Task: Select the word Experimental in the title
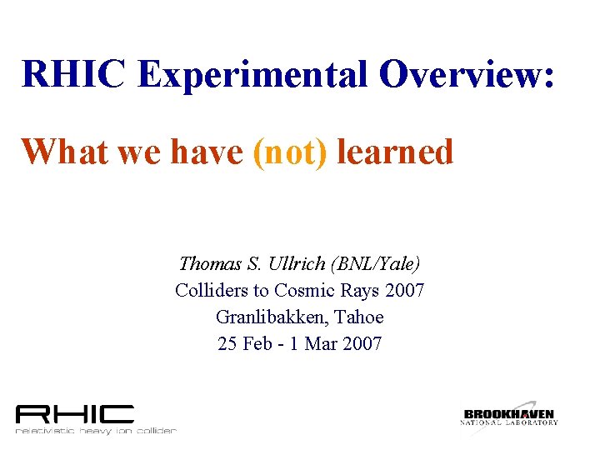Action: pyautogui.click(x=252, y=74)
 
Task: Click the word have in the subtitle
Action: pyautogui.click(x=208, y=152)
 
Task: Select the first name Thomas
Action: pyautogui.click(x=210, y=264)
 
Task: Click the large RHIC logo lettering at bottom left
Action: pyautogui.click(x=75, y=413)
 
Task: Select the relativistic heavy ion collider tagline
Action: pyautogui.click(x=96, y=431)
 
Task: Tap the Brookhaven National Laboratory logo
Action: pyautogui.click(x=509, y=414)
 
